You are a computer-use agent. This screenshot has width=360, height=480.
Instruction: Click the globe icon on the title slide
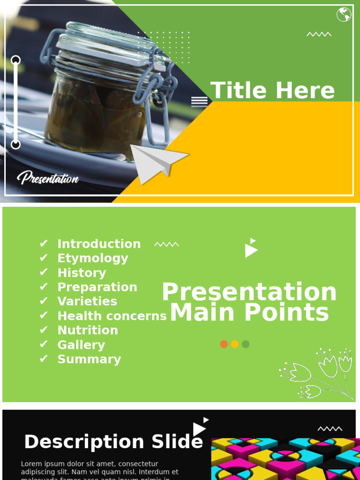(x=344, y=15)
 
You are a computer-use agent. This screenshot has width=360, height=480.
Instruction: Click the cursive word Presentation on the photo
(x=48, y=178)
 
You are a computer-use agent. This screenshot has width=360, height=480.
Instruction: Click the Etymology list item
(x=92, y=258)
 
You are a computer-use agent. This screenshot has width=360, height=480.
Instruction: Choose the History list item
(x=82, y=273)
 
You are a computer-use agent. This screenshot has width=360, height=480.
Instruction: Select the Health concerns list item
(x=112, y=316)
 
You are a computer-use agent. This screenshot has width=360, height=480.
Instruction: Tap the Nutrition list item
(x=88, y=330)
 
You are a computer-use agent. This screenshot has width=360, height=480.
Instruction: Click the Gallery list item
(x=81, y=345)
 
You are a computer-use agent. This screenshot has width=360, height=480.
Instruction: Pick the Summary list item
(x=89, y=360)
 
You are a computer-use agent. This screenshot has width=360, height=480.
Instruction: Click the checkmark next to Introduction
(x=44, y=244)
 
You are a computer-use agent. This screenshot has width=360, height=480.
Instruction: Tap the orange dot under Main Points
(x=224, y=344)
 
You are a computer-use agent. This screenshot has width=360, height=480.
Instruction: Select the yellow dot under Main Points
(x=235, y=344)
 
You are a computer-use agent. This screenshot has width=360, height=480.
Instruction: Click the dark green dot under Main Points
(x=246, y=344)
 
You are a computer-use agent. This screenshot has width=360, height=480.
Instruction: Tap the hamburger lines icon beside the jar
(x=199, y=102)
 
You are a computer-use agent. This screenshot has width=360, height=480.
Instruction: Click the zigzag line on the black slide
(x=330, y=429)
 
